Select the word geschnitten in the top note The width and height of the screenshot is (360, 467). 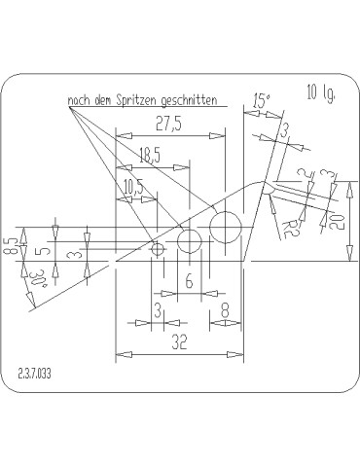(185, 99)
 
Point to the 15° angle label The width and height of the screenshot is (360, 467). (260, 99)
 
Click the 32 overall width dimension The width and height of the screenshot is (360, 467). (179, 342)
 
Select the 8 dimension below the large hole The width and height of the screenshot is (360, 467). (225, 310)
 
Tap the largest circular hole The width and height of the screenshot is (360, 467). (226, 228)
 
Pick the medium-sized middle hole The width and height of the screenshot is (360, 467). (190, 241)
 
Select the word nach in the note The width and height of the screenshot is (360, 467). (80, 99)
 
